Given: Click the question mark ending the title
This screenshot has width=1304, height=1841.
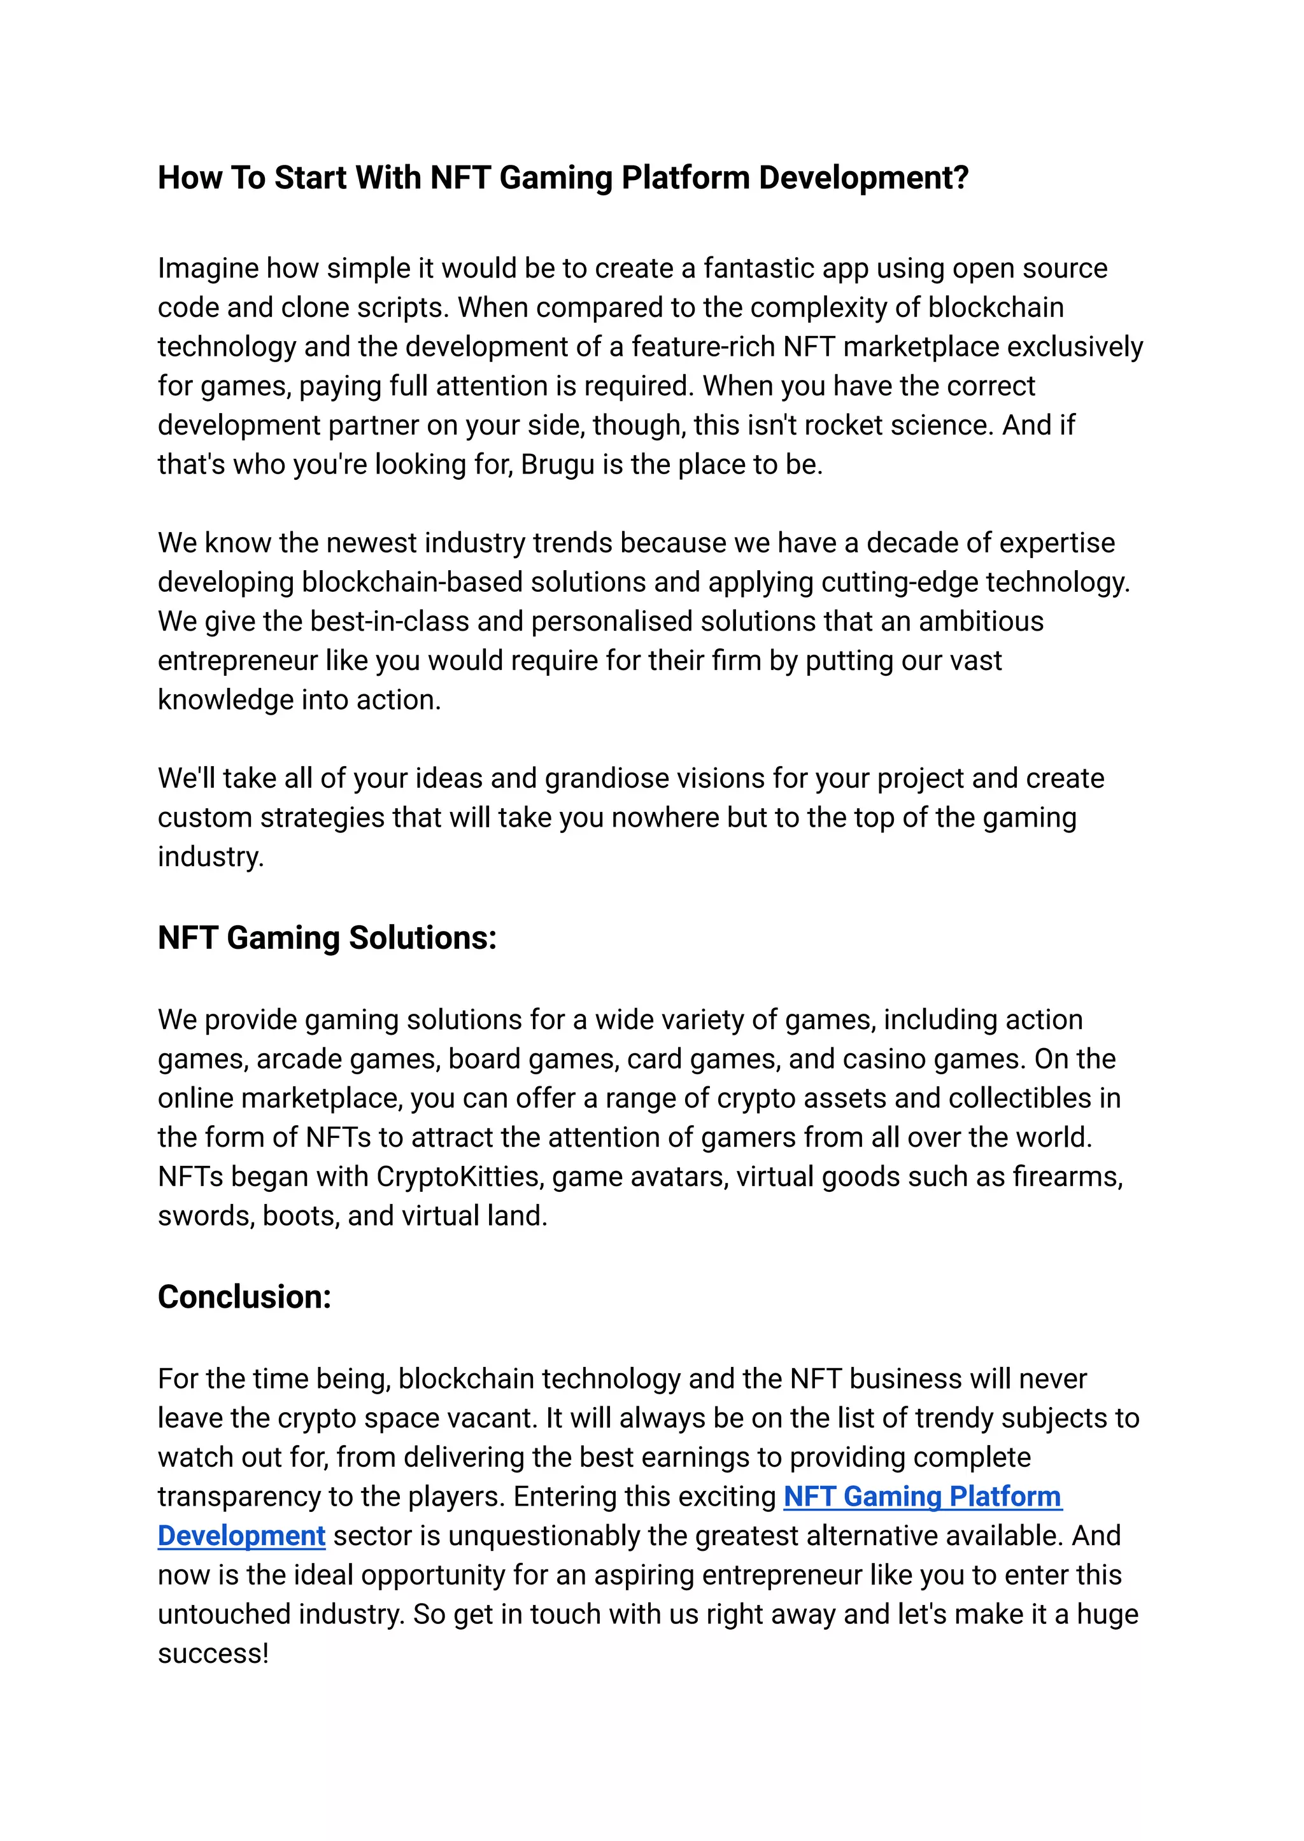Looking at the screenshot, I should [x=960, y=178].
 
